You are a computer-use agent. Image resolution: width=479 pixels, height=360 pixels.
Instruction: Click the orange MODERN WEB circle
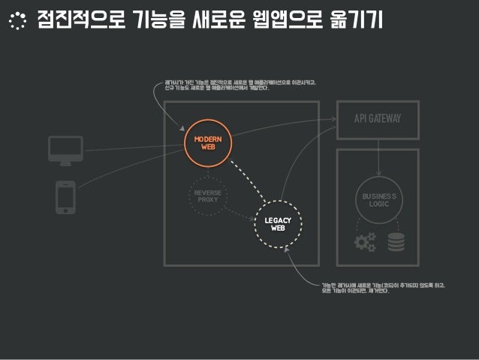coord(209,144)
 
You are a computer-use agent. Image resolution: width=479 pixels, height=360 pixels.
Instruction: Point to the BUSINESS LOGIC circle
coord(378,199)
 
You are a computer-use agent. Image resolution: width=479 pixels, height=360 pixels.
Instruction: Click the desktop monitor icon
coord(65,150)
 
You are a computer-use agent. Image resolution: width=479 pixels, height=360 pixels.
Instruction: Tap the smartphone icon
coord(65,198)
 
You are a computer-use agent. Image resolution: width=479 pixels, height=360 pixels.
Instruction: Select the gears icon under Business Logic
coord(365,242)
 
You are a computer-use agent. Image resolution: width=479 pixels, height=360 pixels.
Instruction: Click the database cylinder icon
coord(396,242)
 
